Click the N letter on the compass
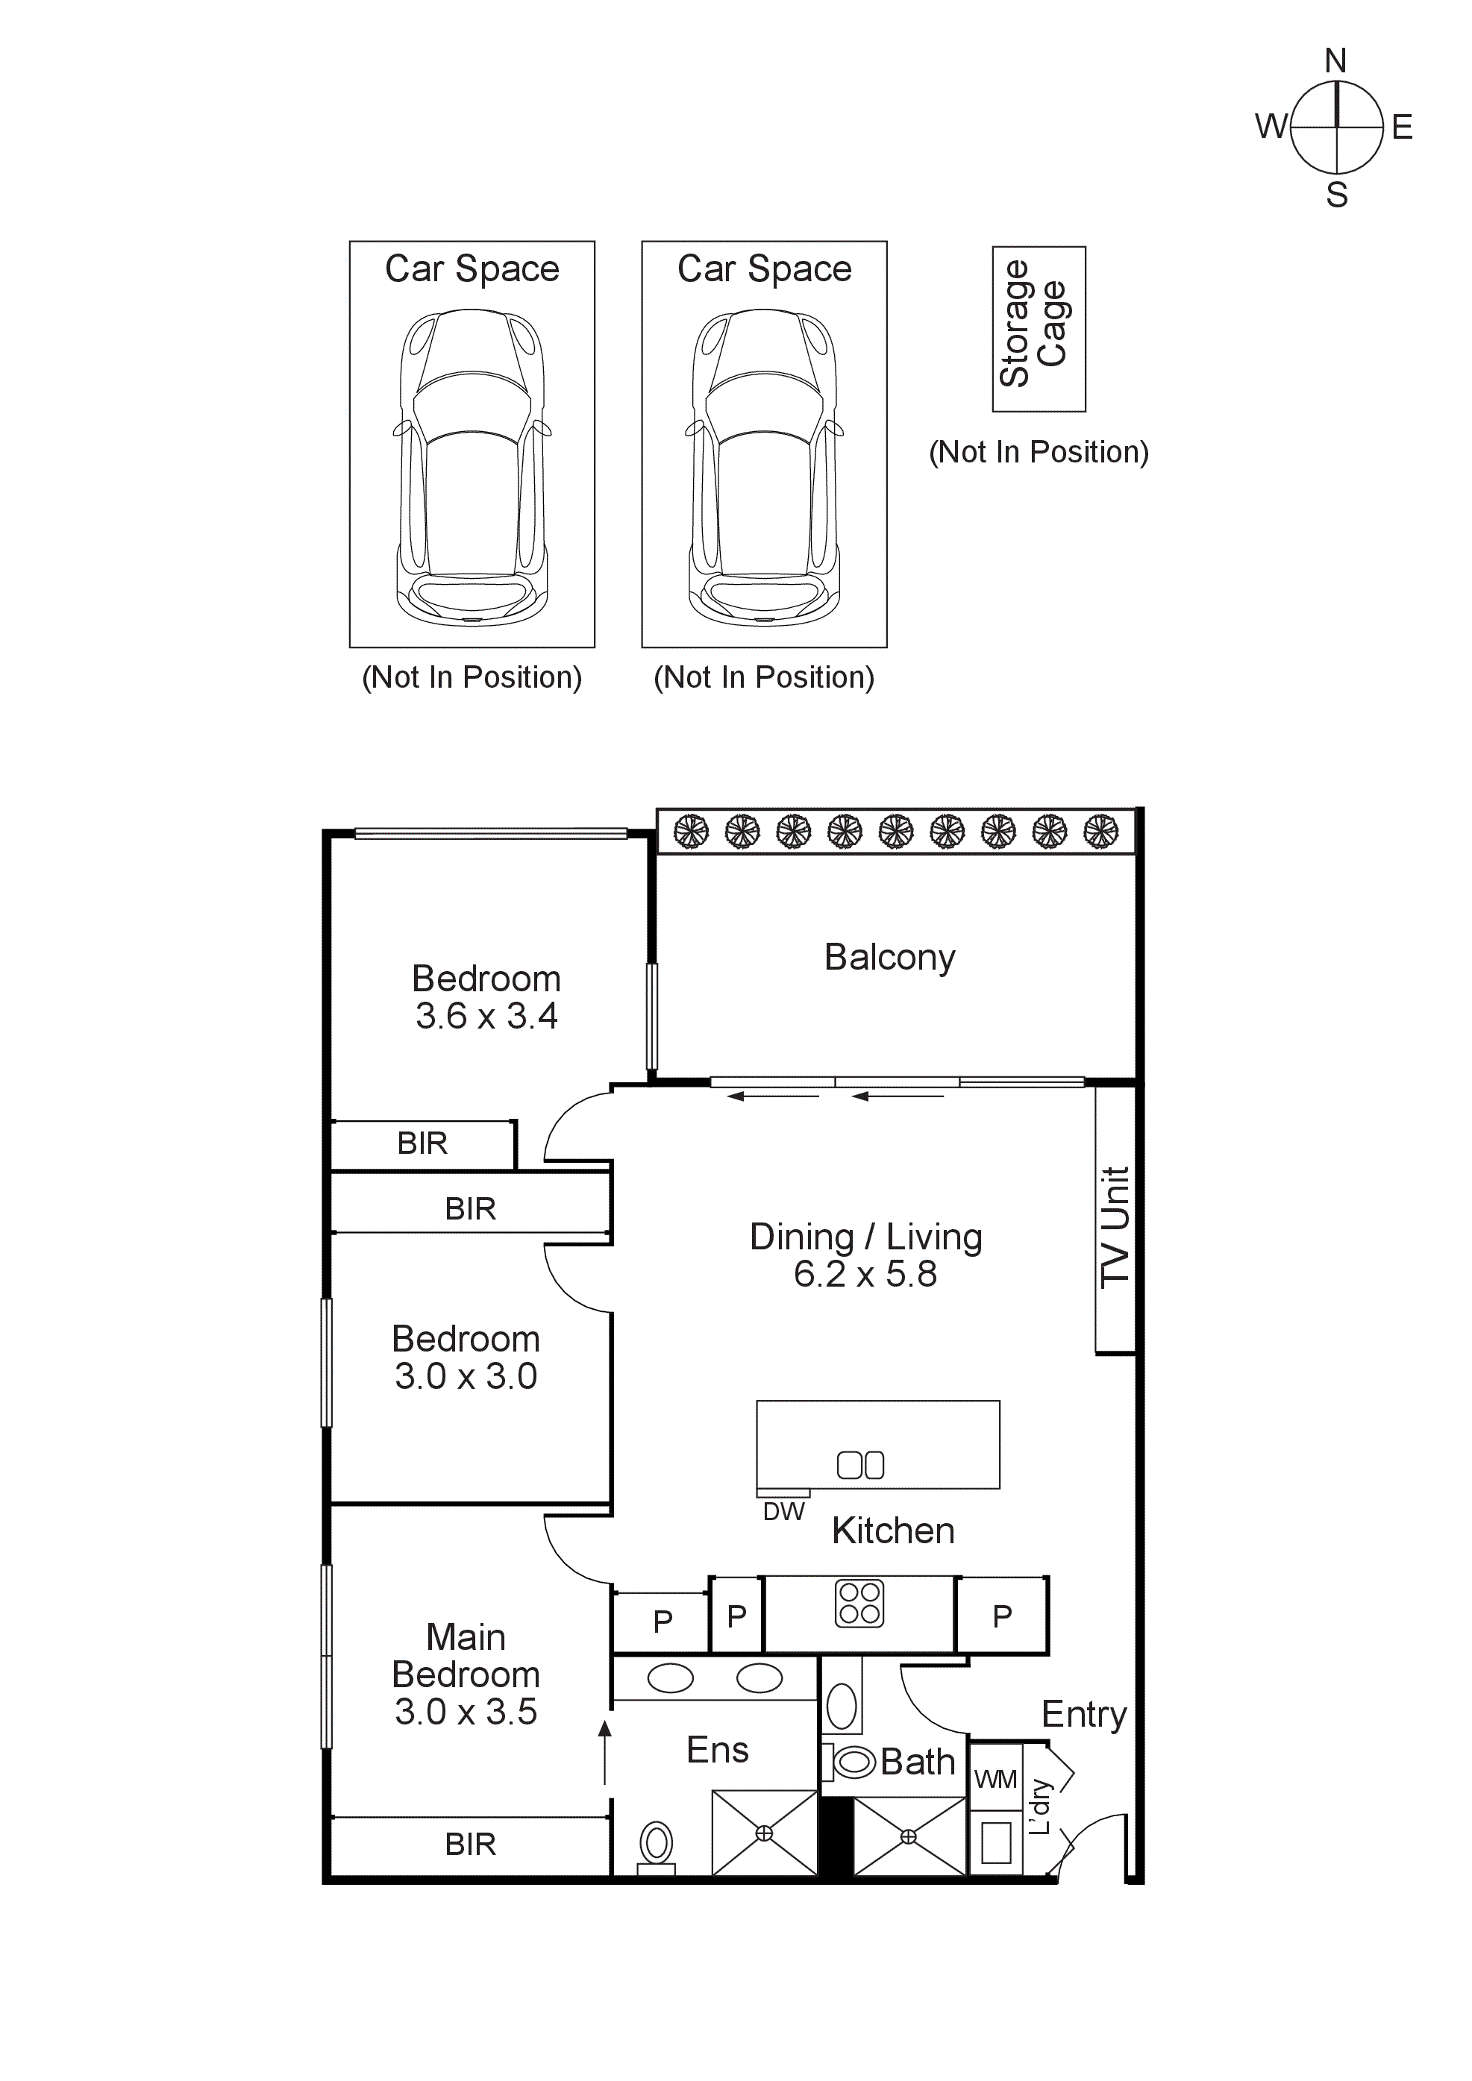(x=1335, y=60)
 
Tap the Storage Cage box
(x=1039, y=328)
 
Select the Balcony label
(x=889, y=957)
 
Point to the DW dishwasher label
(x=783, y=1512)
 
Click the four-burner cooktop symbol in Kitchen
(x=859, y=1604)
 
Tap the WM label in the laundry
(x=995, y=1779)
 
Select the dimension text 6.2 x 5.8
(x=865, y=1275)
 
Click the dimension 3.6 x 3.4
(x=486, y=1016)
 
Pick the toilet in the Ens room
(x=657, y=1845)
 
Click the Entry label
(x=1083, y=1714)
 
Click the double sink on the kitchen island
(x=860, y=1466)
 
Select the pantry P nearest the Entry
(x=1001, y=1616)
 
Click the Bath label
(x=917, y=1762)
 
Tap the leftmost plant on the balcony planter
(x=691, y=831)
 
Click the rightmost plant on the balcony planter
(x=1100, y=831)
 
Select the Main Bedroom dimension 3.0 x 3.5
(x=466, y=1711)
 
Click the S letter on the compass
(x=1336, y=195)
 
